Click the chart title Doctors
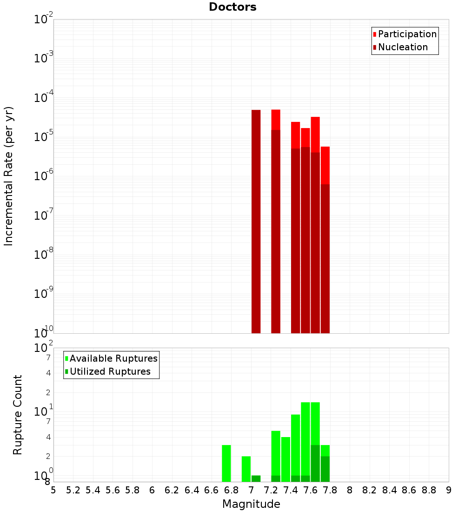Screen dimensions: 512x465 click(x=232, y=7)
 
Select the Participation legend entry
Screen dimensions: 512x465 click(x=405, y=34)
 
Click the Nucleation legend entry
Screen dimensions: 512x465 click(x=400, y=47)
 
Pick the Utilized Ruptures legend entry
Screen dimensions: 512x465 click(x=107, y=371)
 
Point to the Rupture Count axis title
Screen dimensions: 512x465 click(x=18, y=414)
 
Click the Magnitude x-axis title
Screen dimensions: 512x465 click(x=251, y=504)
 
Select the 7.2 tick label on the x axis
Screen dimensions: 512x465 click(x=271, y=490)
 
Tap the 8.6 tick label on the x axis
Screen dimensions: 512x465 click(x=409, y=490)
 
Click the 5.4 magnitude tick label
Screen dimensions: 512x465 click(x=93, y=490)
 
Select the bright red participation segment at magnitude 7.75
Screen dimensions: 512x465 click(x=325, y=165)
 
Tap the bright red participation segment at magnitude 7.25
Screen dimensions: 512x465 click(x=276, y=120)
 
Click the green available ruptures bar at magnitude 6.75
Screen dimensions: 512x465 click(x=226, y=463)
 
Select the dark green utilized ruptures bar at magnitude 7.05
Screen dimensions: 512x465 click(x=256, y=478)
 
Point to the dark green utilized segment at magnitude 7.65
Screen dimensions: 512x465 click(x=315, y=463)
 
